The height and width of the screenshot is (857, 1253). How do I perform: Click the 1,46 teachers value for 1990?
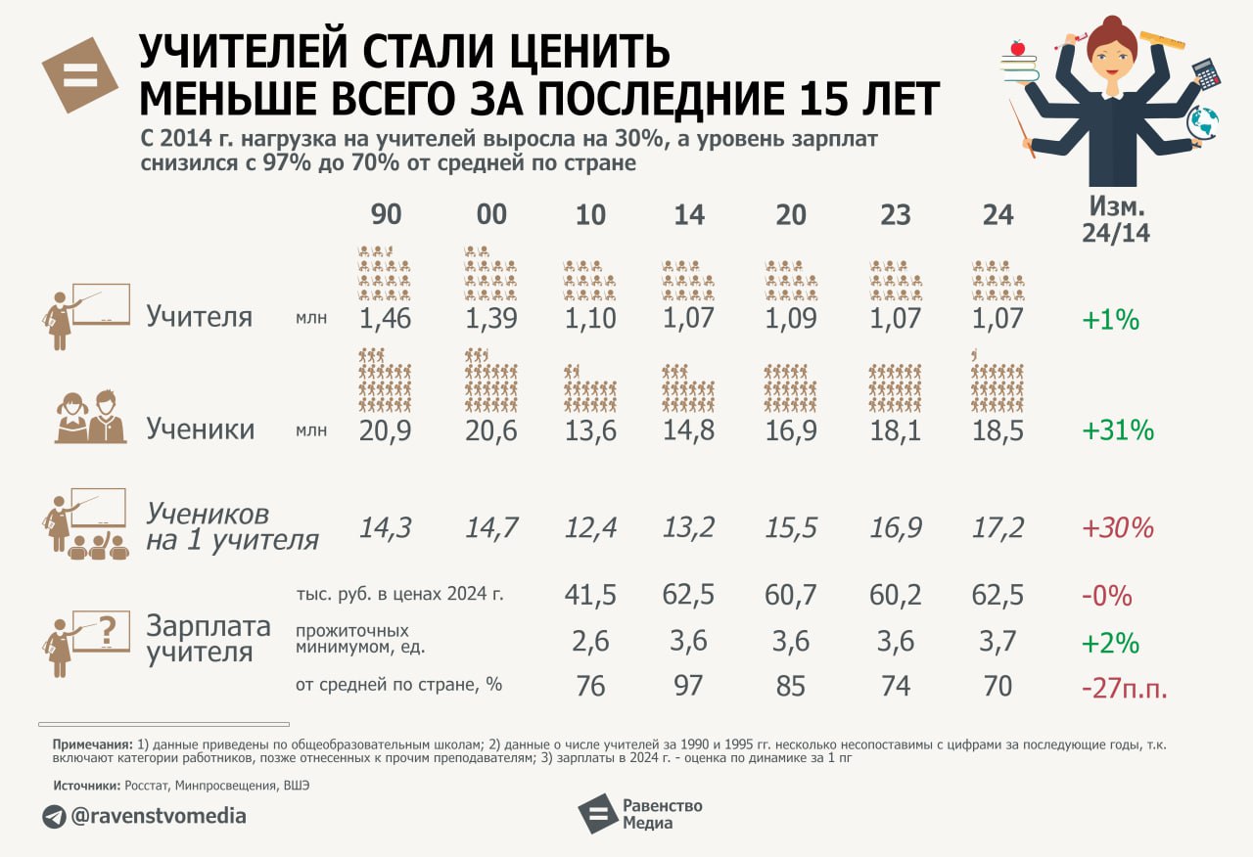(387, 318)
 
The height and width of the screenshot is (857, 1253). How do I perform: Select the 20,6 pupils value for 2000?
(491, 430)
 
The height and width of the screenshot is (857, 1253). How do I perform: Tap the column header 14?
(689, 215)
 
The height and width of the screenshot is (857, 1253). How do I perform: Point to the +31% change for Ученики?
(1117, 430)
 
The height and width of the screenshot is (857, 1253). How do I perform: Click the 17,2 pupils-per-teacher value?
(998, 528)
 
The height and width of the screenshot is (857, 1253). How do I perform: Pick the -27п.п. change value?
(1125, 688)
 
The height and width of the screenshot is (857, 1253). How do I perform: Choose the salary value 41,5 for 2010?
(591, 595)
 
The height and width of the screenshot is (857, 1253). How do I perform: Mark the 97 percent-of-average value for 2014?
(689, 686)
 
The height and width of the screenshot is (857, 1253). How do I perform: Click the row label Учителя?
(200, 317)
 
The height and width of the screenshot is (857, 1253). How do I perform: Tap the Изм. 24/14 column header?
(1116, 220)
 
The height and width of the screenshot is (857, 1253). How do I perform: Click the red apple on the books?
(1017, 47)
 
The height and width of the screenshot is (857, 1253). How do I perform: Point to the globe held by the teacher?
(1203, 123)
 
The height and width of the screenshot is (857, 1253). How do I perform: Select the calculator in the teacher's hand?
(1205, 73)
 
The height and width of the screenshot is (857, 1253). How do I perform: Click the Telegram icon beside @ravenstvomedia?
(54, 816)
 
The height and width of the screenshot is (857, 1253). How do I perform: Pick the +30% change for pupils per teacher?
(1117, 528)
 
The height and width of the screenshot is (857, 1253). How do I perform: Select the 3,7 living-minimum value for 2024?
(998, 642)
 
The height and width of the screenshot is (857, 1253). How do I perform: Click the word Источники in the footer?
(86, 785)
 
